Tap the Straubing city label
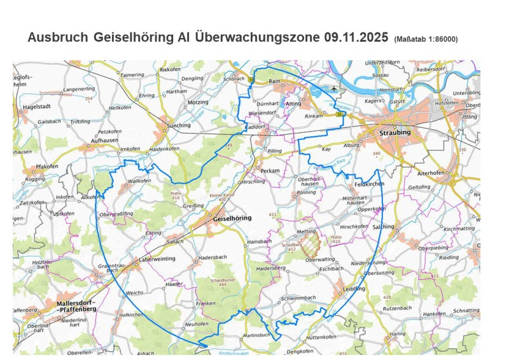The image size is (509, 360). tap(394, 132)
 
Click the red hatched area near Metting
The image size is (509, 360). tap(310, 243)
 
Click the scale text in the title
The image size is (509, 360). tap(426, 39)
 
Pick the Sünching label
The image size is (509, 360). tap(178, 125)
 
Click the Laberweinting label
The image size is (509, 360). tap(157, 260)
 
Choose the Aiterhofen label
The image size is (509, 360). tap(433, 172)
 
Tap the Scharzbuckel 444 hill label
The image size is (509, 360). tap(222, 281)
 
